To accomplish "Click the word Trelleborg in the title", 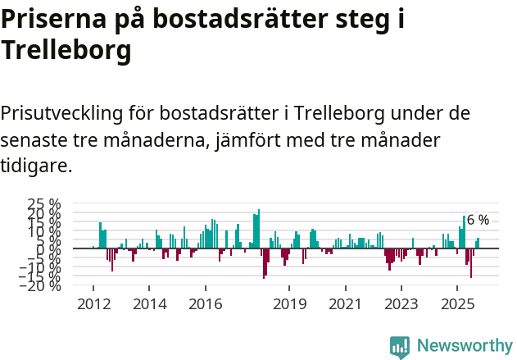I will [x=66, y=51].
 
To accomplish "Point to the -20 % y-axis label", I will [x=40, y=285].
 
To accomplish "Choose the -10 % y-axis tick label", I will [x=40, y=267].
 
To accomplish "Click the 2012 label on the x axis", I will [x=93, y=304].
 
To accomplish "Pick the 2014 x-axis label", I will [x=149, y=304].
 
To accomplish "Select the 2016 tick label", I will [x=205, y=304].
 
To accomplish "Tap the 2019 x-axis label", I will [x=289, y=304].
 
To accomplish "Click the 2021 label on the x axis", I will [x=345, y=304].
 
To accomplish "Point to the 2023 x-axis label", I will [x=401, y=304].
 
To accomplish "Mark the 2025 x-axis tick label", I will [x=457, y=304].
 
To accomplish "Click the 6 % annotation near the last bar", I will [x=478, y=220].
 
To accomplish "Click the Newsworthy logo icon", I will [x=400, y=347].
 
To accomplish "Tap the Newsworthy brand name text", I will [x=465, y=346].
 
